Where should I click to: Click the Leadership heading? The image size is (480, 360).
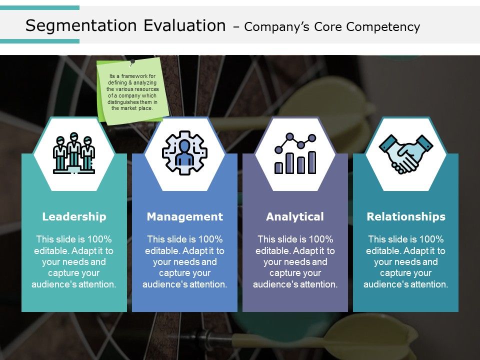pos(74,216)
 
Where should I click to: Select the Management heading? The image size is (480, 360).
pos(184,216)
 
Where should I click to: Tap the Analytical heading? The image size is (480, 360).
pos(295,216)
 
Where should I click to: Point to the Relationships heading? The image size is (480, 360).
pos(405,216)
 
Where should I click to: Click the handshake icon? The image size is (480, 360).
pos(406,154)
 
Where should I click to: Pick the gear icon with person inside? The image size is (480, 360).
pos(184,154)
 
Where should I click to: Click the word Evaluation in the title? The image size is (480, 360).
pos(184,25)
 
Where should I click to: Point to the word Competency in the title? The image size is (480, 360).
pos(390,27)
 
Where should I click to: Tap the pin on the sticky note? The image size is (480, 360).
pos(132,62)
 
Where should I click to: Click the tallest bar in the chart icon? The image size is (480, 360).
pos(312,162)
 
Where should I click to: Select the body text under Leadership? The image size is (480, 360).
pos(74,261)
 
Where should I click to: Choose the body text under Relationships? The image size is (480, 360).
pos(405,261)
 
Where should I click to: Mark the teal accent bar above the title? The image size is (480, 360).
pos(39,8)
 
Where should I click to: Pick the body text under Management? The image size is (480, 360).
pos(184,261)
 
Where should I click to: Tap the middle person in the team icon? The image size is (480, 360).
pos(74,150)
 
